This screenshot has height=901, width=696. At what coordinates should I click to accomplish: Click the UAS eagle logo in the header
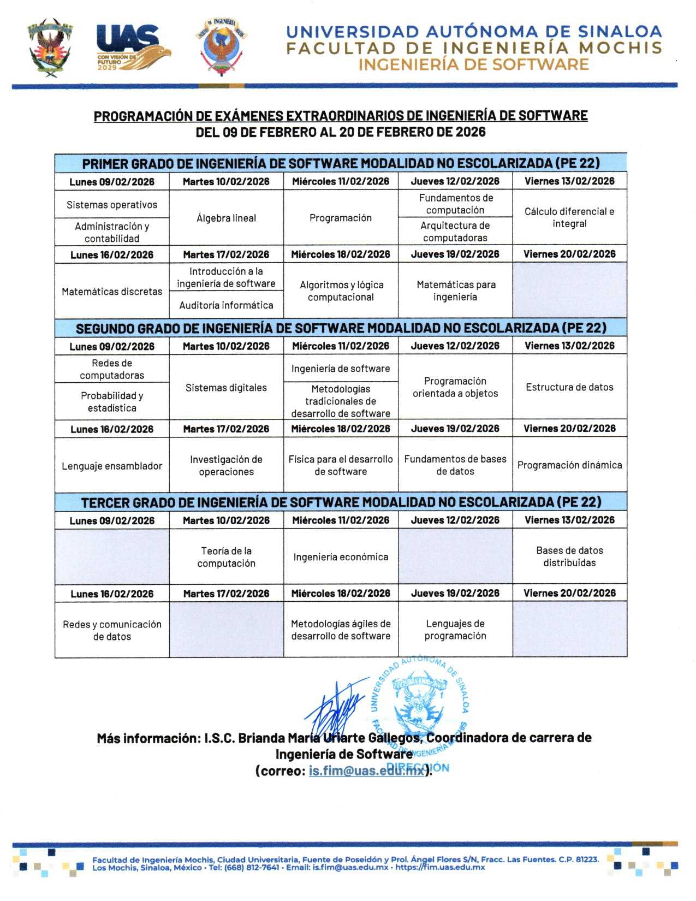[x=133, y=48]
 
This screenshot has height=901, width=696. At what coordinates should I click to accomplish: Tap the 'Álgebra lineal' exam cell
[x=226, y=218]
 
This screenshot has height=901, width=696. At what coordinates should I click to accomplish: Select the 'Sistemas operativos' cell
[x=112, y=205]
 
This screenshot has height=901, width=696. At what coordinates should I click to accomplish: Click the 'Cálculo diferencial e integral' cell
[x=569, y=217]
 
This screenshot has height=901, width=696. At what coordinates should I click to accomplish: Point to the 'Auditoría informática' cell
[x=226, y=305]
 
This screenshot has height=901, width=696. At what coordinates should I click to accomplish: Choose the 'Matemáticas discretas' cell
[x=112, y=292]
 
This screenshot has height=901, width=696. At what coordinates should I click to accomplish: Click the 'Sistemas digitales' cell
[x=226, y=388]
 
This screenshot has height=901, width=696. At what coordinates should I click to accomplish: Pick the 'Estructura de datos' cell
[x=569, y=387]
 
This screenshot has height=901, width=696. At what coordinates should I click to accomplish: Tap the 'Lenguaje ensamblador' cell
[x=112, y=466]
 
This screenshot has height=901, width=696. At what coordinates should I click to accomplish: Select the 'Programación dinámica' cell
[x=569, y=465]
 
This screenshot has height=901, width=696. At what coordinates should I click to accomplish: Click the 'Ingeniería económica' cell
[x=341, y=557]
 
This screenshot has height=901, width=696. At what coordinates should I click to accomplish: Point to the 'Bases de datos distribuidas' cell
[x=569, y=556]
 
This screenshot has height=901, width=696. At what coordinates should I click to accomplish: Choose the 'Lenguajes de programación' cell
[x=455, y=630]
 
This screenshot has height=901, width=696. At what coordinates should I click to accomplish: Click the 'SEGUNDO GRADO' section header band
[x=341, y=328]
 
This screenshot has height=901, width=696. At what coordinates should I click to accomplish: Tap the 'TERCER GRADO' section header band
[x=341, y=502]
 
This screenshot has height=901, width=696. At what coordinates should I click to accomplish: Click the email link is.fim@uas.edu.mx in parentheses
[x=366, y=770]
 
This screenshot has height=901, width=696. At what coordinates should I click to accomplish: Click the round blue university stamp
[x=420, y=704]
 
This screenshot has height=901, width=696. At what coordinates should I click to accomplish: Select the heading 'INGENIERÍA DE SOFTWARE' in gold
[x=473, y=64]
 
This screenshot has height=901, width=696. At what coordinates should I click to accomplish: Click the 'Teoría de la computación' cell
[x=226, y=557]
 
